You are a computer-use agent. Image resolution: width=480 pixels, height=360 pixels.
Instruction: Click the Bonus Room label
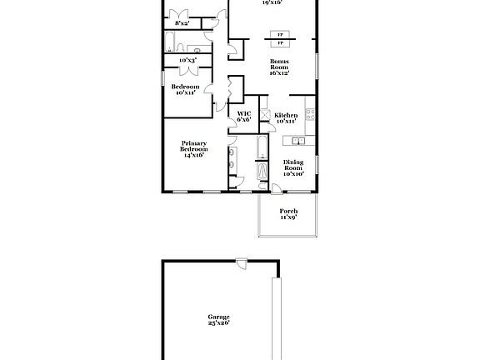(x=278, y=67)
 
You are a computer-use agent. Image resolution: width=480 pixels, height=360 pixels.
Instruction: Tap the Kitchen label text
(x=287, y=117)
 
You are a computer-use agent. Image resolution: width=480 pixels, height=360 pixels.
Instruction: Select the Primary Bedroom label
(x=193, y=149)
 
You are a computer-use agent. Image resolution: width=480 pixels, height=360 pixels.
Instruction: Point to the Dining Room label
(x=292, y=167)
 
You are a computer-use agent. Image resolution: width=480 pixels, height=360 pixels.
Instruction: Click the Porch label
(x=288, y=214)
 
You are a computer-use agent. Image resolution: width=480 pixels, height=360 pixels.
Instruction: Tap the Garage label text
(x=218, y=319)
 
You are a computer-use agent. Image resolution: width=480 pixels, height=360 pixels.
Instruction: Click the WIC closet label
(x=244, y=117)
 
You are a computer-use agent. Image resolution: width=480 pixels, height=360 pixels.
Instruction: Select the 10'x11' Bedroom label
(x=185, y=90)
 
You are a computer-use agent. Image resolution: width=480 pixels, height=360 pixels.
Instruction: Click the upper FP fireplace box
(x=279, y=34)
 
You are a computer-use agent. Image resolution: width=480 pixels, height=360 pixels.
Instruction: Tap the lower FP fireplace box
(x=279, y=42)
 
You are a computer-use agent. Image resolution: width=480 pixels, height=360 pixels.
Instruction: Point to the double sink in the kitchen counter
(x=297, y=142)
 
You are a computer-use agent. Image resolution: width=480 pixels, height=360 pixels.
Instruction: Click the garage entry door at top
(x=241, y=263)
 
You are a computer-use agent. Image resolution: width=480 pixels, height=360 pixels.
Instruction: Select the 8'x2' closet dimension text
(x=176, y=23)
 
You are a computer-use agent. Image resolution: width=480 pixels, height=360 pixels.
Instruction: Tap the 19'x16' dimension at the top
(x=272, y=3)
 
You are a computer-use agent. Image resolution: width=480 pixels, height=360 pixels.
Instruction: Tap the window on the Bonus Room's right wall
(x=317, y=66)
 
